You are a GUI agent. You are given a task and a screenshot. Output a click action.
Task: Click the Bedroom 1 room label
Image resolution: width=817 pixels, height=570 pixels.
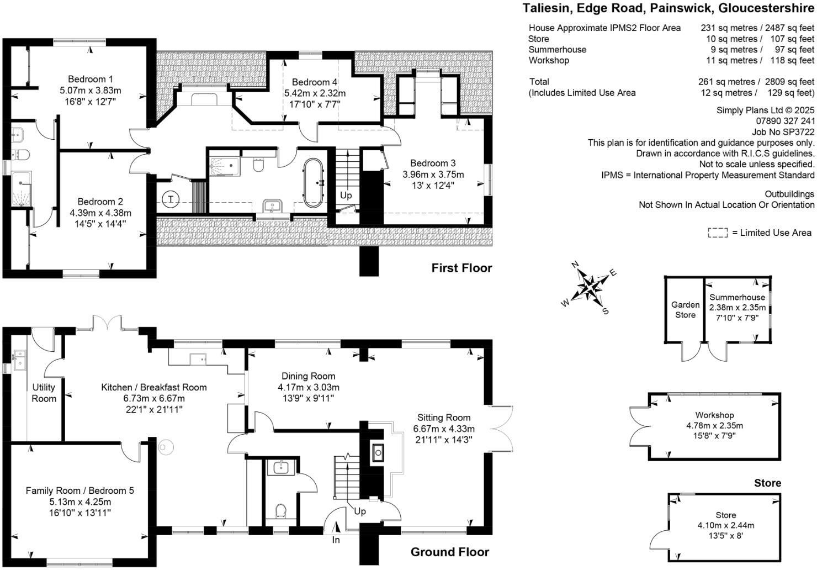[x=91, y=79]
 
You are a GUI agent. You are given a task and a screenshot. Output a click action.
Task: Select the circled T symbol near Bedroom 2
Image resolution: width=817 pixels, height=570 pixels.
[x=171, y=199]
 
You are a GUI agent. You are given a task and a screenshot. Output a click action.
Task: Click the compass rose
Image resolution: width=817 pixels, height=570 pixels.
[x=590, y=287]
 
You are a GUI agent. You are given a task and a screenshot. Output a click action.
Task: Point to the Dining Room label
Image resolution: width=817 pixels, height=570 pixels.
[x=308, y=376]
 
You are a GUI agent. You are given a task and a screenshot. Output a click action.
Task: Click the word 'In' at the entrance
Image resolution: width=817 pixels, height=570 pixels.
[x=336, y=540]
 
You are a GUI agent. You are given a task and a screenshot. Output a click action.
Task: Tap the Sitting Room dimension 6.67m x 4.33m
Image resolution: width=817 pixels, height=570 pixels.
[x=444, y=429]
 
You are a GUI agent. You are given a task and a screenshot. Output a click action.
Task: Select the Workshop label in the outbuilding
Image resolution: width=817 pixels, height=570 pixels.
[x=714, y=415]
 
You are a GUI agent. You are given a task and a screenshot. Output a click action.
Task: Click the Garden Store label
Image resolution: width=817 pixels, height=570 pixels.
[x=685, y=309]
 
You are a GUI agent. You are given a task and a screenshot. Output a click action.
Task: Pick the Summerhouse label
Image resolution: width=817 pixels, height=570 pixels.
[x=738, y=297]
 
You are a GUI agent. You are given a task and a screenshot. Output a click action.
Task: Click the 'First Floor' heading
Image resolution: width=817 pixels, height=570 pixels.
[x=461, y=268]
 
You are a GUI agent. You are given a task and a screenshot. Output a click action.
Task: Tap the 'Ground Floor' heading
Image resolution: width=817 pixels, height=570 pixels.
[x=449, y=552]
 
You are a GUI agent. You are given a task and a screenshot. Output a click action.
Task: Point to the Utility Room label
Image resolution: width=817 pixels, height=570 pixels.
[x=44, y=393]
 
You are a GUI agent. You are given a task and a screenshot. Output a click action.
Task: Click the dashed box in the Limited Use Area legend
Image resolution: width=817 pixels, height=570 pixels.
[x=718, y=233]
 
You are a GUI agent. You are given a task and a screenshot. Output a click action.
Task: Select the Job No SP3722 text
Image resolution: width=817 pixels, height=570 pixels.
[x=783, y=131]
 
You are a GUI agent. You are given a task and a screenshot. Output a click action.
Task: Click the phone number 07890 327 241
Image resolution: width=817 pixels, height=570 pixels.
[x=785, y=121]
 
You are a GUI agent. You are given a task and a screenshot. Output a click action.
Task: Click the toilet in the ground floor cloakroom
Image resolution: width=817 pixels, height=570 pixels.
[x=280, y=511]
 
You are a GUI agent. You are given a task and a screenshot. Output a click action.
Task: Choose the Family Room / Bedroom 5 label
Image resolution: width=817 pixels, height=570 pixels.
[x=79, y=490]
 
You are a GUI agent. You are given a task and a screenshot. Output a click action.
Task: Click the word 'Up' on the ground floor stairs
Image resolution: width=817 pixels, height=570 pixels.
[x=359, y=511]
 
